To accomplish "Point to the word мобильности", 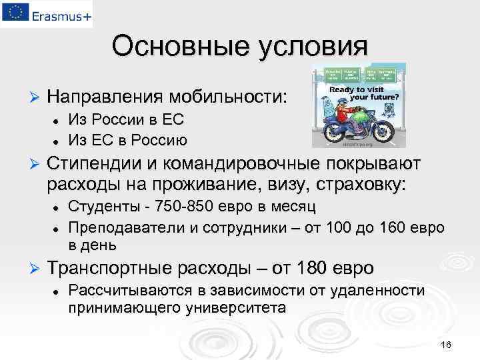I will coord(227,97).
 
